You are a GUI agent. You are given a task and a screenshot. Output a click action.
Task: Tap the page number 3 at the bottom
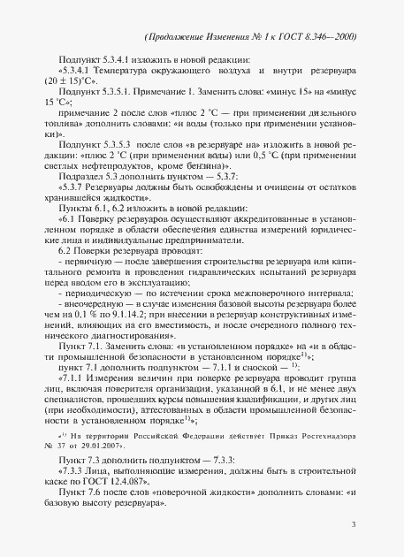pos(352,525)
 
